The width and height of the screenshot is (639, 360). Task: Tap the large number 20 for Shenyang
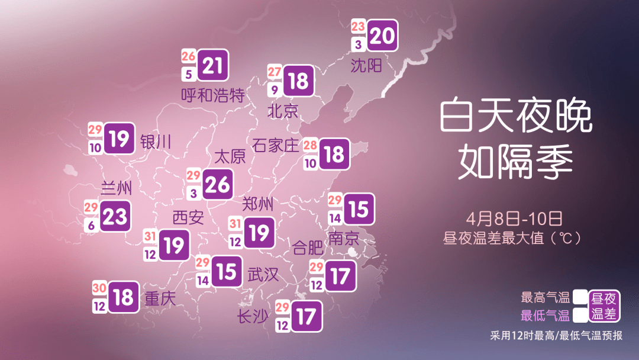382,36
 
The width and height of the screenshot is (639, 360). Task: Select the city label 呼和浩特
212,95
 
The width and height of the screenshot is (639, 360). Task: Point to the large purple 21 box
212,66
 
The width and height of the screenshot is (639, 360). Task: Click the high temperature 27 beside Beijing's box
275,72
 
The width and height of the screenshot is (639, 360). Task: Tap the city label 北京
283,111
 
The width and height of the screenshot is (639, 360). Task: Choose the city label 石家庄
276,145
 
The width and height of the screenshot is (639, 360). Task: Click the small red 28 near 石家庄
310,145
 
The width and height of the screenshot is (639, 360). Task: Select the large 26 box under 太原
217,185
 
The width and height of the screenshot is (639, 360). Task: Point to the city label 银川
156,142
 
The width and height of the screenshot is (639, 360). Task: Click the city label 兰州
117,188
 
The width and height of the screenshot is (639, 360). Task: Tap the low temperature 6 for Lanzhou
91,226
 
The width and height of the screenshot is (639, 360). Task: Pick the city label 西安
188,217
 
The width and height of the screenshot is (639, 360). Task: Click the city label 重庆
160,298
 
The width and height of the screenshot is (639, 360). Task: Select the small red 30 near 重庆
99,288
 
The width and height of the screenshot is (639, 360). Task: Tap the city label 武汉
263,274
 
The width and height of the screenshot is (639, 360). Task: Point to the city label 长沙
253,317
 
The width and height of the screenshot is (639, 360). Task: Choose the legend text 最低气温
545,315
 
